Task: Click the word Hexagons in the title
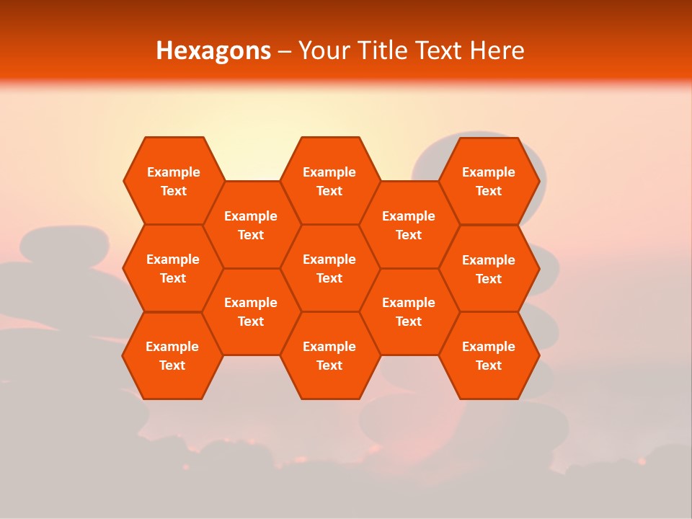(x=213, y=50)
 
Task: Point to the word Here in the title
(x=497, y=50)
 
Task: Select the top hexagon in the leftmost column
(x=173, y=181)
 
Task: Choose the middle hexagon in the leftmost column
(x=173, y=268)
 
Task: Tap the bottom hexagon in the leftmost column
(x=172, y=355)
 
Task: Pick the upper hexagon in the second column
(x=251, y=225)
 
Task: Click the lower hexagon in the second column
(x=251, y=311)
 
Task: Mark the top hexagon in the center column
(x=329, y=181)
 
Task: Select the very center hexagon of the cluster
(x=329, y=268)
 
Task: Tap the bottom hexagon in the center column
(x=329, y=355)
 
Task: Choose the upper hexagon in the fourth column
(x=409, y=225)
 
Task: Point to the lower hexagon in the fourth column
(x=409, y=311)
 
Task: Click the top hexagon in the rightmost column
(x=489, y=181)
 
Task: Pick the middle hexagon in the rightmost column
(x=489, y=269)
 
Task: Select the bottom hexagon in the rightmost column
(x=489, y=355)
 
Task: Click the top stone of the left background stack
(x=65, y=244)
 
